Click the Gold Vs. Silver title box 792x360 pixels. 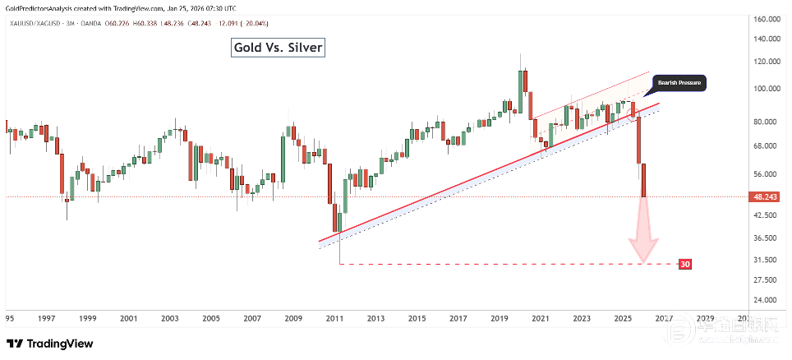[279, 48]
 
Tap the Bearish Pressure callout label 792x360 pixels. [679, 83]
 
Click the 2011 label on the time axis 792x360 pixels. [334, 318]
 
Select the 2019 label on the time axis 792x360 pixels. [499, 318]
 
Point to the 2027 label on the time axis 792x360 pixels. [664, 318]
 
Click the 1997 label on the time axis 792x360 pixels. [46, 318]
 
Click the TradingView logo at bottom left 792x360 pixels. [49, 344]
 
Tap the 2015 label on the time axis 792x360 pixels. [417, 318]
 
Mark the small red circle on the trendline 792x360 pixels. [633, 113]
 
